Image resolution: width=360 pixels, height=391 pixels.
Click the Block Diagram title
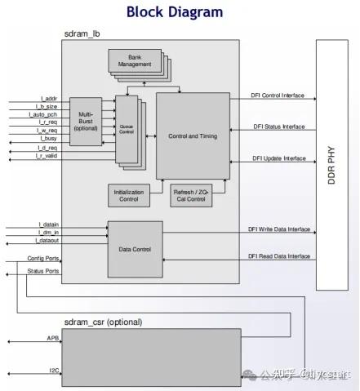point(175,11)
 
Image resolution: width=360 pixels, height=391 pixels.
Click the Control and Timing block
point(192,136)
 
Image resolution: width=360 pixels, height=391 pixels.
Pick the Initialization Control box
point(129,195)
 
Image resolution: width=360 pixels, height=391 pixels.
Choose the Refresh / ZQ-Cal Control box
point(193,195)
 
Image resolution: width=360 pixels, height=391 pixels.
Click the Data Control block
point(135,248)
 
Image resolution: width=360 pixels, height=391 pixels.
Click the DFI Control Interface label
point(278,96)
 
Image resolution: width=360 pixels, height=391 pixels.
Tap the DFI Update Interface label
point(278,158)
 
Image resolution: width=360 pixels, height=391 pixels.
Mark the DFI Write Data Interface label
point(279,229)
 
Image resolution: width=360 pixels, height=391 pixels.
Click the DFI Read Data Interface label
point(279,256)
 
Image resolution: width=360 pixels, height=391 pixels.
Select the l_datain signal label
point(49,224)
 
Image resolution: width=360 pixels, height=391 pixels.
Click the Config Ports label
point(43,258)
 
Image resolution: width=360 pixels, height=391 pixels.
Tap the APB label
point(52,337)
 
